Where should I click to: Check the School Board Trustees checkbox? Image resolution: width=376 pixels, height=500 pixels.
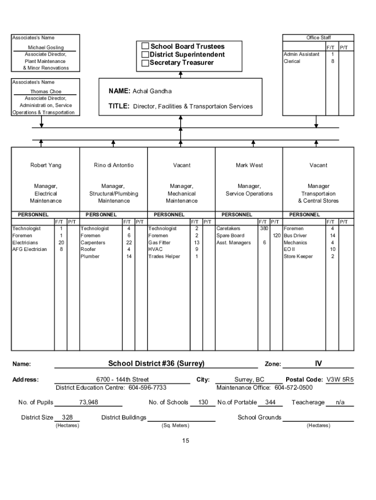point(145,46)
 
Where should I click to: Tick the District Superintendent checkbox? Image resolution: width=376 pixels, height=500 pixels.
point(145,55)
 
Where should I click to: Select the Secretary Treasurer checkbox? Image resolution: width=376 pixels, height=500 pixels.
point(145,63)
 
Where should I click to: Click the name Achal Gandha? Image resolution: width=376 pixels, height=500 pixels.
point(152,91)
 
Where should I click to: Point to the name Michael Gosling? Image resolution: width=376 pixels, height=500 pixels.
point(45,48)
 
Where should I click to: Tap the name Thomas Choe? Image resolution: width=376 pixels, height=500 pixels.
point(46,92)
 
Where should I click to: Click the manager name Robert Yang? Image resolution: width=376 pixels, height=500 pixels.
point(46,166)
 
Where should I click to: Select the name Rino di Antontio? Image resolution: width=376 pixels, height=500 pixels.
point(114,166)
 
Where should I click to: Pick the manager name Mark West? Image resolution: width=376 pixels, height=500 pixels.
point(249,166)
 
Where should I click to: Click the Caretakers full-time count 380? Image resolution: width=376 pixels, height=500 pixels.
point(264,229)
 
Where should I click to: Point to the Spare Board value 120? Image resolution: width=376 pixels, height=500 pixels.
point(277,236)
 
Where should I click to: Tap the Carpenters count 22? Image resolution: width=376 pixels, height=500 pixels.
point(129,243)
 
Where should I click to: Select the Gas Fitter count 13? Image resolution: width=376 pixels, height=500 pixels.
point(196,243)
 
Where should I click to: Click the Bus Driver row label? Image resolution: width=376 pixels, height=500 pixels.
point(295,236)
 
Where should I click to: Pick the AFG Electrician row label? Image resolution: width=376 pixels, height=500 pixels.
point(30,250)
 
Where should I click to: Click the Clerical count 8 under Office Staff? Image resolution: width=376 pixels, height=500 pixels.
point(333,62)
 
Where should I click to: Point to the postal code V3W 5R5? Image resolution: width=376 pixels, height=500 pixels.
point(340,379)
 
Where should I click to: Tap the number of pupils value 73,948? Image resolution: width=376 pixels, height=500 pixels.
point(88,402)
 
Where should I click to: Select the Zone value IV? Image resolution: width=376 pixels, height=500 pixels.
point(318,363)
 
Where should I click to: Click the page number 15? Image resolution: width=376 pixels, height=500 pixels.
point(186,441)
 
